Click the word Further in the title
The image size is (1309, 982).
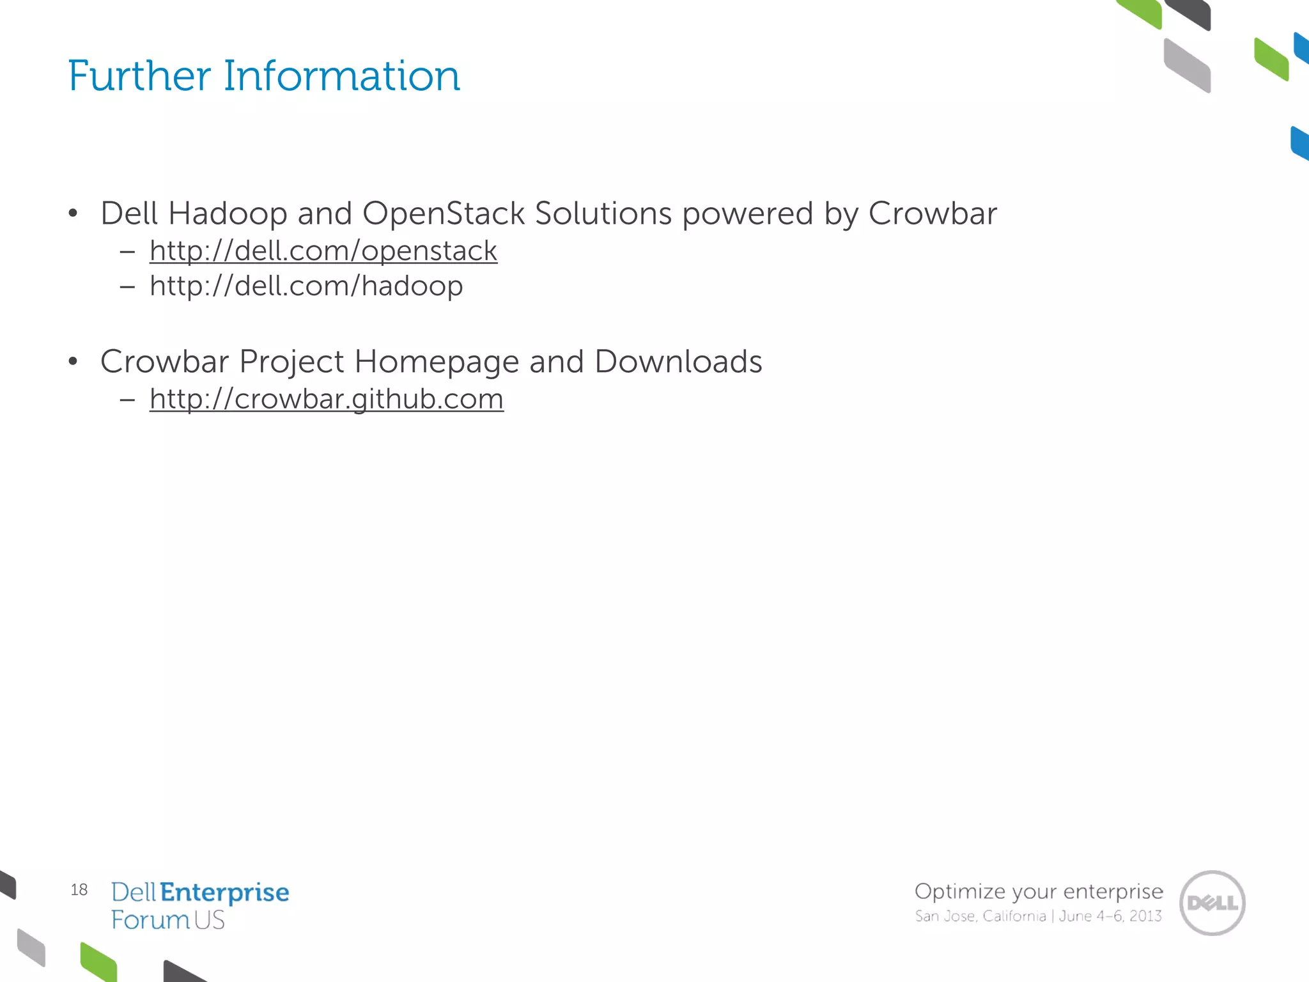coord(139,76)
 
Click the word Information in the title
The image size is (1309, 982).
coord(341,76)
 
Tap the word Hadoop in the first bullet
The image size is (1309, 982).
coord(227,214)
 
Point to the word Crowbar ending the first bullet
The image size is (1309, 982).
coord(932,214)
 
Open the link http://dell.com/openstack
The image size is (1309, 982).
coord(323,251)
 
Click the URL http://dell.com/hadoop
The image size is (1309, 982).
coord(306,286)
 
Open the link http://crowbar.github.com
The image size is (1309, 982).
coord(326,399)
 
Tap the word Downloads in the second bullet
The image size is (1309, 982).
coord(678,362)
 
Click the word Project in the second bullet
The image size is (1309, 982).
coord(291,362)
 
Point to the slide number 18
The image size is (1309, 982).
coord(79,890)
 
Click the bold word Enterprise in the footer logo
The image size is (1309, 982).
coord(224,892)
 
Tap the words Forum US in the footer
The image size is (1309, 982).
coord(167,921)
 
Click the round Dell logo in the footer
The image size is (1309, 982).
coord(1212,903)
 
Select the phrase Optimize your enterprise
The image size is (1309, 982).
coord(1038,891)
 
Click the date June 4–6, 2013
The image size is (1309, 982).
coord(1110,916)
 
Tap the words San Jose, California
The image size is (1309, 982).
coord(980,916)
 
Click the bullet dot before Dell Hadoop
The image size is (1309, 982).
coord(73,214)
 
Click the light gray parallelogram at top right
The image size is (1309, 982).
coord(1187,65)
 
